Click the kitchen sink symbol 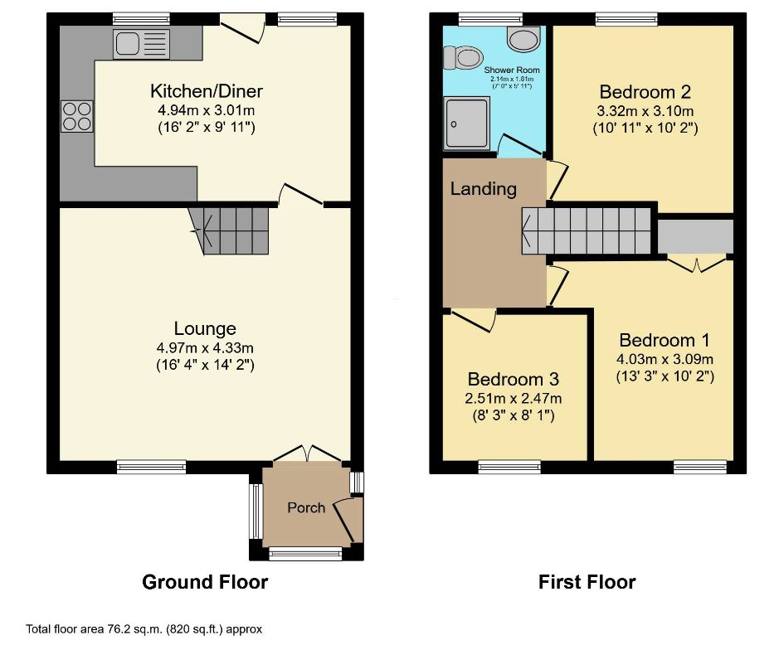pos(143,43)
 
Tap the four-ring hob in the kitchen pos(76,115)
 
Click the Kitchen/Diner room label pos(206,90)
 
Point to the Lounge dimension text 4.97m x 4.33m pos(206,347)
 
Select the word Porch pos(306,507)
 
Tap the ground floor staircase pos(231,230)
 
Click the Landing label pos(483,189)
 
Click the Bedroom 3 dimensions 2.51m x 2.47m pos(514,398)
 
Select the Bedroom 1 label pos(664,340)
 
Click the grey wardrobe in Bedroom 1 pos(695,235)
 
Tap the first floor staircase pos(587,230)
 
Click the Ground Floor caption pos(205,582)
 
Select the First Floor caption pos(587,582)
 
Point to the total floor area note pos(144,629)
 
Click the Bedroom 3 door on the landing pos(475,318)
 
